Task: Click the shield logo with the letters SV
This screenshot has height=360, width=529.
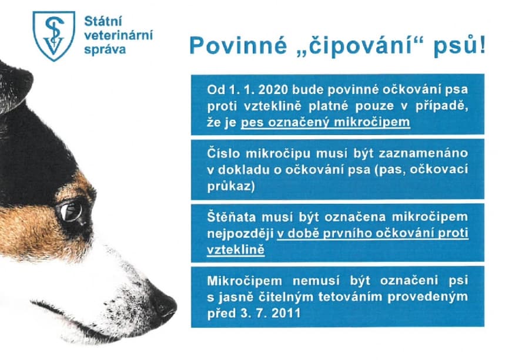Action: [x=54, y=36]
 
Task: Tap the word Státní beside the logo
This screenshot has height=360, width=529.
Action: [x=103, y=21]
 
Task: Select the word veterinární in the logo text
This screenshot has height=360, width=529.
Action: [x=118, y=35]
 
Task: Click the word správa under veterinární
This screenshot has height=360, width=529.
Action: [x=105, y=49]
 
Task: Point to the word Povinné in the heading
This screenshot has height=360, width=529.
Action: [x=239, y=45]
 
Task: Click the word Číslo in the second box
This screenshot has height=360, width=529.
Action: [x=223, y=153]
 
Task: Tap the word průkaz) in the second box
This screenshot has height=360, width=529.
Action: [x=231, y=186]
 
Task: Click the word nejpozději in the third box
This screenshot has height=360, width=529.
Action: [x=240, y=234]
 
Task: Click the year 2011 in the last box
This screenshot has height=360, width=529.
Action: [x=286, y=313]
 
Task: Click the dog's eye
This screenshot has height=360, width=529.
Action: [x=71, y=211]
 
